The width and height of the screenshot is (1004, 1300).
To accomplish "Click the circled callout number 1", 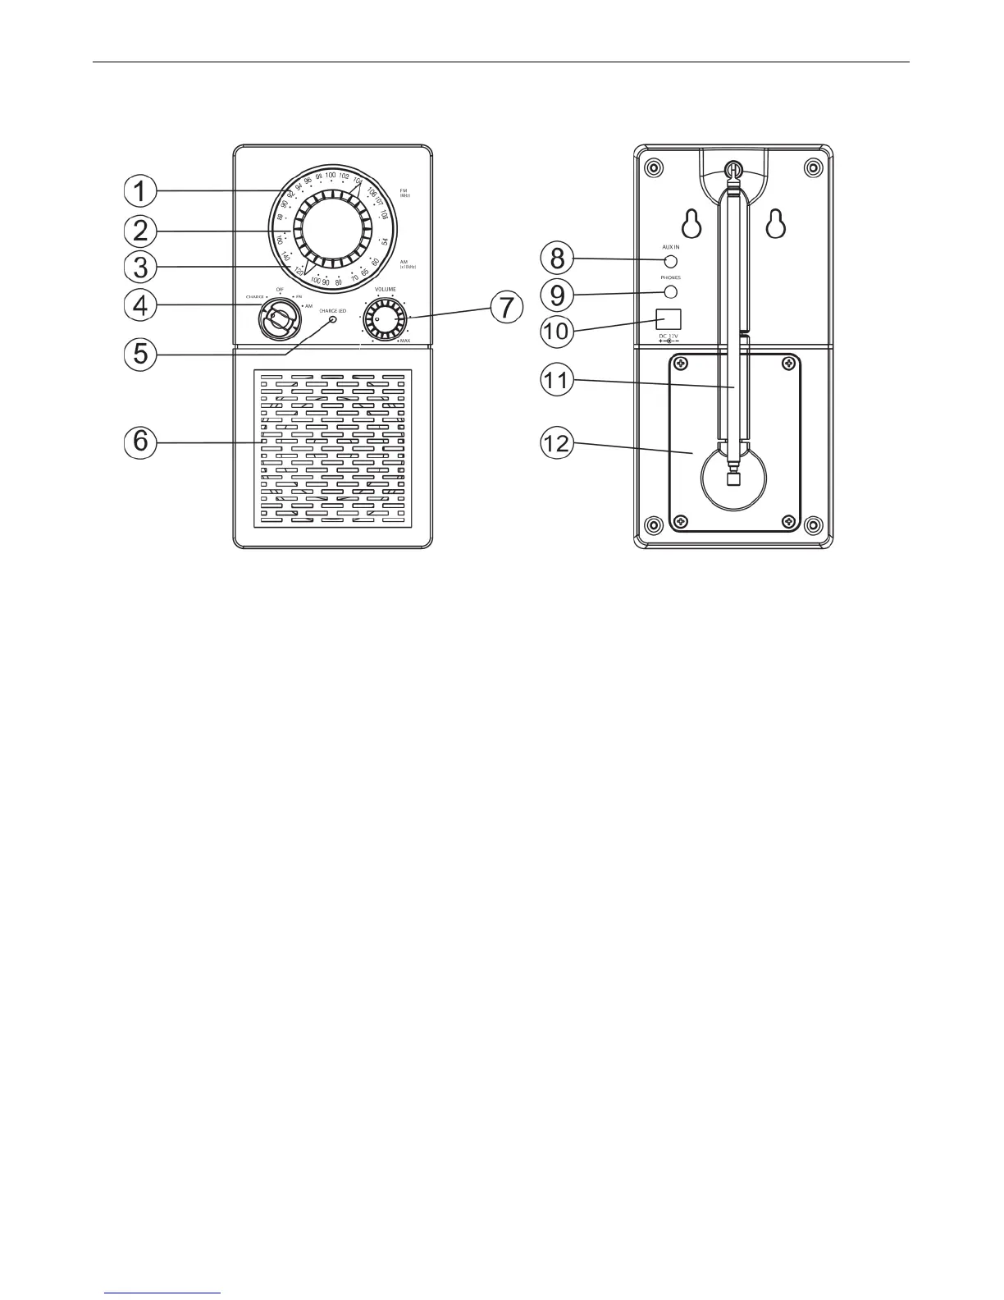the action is pyautogui.click(x=141, y=191).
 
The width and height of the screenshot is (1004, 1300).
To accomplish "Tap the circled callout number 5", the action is pyautogui.click(x=141, y=354).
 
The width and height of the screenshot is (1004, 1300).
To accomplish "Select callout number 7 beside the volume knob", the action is pyautogui.click(x=506, y=307).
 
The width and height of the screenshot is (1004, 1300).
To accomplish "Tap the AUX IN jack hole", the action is pyautogui.click(x=670, y=262).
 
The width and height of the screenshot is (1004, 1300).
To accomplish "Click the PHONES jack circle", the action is pyautogui.click(x=670, y=292).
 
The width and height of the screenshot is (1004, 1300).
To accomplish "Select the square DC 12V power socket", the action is pyautogui.click(x=670, y=318).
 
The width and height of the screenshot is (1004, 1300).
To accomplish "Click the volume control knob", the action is pyautogui.click(x=385, y=318).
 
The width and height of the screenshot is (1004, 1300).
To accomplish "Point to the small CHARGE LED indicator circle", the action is pyautogui.click(x=333, y=318).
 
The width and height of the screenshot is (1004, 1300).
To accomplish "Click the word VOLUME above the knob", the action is pyautogui.click(x=386, y=290).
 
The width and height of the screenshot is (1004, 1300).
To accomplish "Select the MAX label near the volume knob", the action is pyautogui.click(x=405, y=340).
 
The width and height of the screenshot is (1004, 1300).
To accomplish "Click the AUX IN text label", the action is pyautogui.click(x=670, y=247).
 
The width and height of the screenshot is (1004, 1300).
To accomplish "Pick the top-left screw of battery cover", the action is pyautogui.click(x=680, y=363).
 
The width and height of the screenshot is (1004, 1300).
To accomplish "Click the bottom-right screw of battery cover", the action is pyautogui.click(x=788, y=521).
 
